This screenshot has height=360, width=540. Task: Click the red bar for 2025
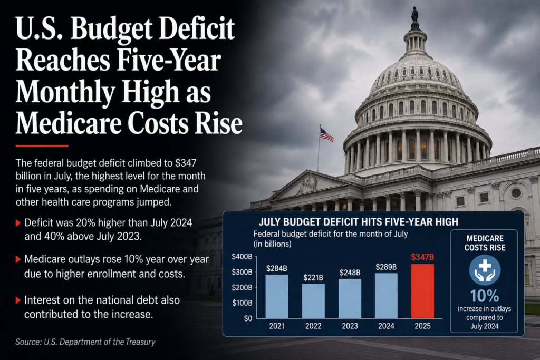(x=422, y=291)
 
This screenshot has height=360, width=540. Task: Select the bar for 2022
(x=313, y=301)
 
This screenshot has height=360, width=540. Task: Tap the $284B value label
(x=276, y=268)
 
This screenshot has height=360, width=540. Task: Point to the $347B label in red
(x=422, y=257)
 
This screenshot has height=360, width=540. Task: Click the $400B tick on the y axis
(x=242, y=257)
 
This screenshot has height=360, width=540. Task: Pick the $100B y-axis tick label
(x=242, y=303)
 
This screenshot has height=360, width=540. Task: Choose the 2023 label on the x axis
(x=350, y=326)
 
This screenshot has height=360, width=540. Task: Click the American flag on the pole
(x=326, y=135)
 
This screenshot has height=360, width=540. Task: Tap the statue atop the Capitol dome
(x=415, y=14)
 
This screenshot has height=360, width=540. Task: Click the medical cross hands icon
(x=485, y=270)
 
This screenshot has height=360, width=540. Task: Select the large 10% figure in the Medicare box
(x=485, y=296)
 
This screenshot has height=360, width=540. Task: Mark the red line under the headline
(x=42, y=146)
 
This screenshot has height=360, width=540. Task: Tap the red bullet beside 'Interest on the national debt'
(x=18, y=300)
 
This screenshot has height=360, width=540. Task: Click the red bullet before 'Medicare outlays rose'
(x=18, y=259)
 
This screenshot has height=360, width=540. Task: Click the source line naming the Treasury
(x=85, y=342)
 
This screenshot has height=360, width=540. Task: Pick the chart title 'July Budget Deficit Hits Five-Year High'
(x=358, y=222)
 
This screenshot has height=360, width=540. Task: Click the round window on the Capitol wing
(x=516, y=193)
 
